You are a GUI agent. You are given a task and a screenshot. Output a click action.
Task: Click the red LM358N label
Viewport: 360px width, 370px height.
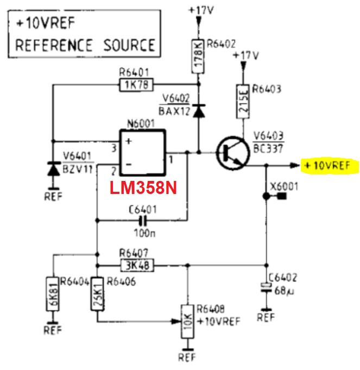coord(143,188)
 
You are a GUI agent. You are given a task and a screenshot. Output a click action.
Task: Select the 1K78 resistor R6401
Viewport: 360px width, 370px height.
coord(136,85)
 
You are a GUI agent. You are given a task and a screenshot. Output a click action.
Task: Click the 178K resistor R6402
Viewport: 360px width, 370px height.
coord(198,57)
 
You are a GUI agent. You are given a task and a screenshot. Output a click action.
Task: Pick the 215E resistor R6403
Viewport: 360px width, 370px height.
coord(243,101)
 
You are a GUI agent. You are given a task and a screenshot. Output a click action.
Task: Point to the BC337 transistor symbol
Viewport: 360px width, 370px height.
coord(232,153)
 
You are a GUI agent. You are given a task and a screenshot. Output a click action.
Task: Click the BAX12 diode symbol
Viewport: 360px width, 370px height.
coord(199,111)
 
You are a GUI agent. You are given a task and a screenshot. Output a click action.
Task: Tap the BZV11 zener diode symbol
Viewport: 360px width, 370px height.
coord(54,168)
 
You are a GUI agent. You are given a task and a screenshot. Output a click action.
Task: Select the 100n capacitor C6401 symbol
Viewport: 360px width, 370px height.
coord(142,221)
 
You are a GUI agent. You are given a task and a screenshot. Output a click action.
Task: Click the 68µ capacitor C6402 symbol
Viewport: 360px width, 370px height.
coord(267,287)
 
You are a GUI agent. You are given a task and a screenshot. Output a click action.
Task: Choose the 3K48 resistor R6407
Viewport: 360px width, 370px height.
coord(137,266)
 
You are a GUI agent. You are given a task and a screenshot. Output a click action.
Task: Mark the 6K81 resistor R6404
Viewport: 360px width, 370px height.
coord(52,294)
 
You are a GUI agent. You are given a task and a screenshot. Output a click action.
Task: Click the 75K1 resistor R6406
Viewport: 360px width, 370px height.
coord(97,294)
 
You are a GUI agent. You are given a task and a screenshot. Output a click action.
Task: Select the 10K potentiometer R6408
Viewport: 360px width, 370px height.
coord(188,322)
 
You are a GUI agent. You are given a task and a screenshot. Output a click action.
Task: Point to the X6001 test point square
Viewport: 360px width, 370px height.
coord(282,196)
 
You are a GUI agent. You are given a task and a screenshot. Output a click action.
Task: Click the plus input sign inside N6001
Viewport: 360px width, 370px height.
coord(129,141)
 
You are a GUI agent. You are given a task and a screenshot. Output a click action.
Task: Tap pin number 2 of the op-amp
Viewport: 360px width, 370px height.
coord(113,171)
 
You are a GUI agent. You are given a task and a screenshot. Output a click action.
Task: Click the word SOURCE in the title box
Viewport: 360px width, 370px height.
coord(129,45)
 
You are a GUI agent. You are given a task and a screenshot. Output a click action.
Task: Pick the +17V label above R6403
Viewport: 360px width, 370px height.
coord(245,55)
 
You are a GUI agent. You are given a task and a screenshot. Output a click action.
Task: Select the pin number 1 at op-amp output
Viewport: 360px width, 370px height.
coord(171,160)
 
